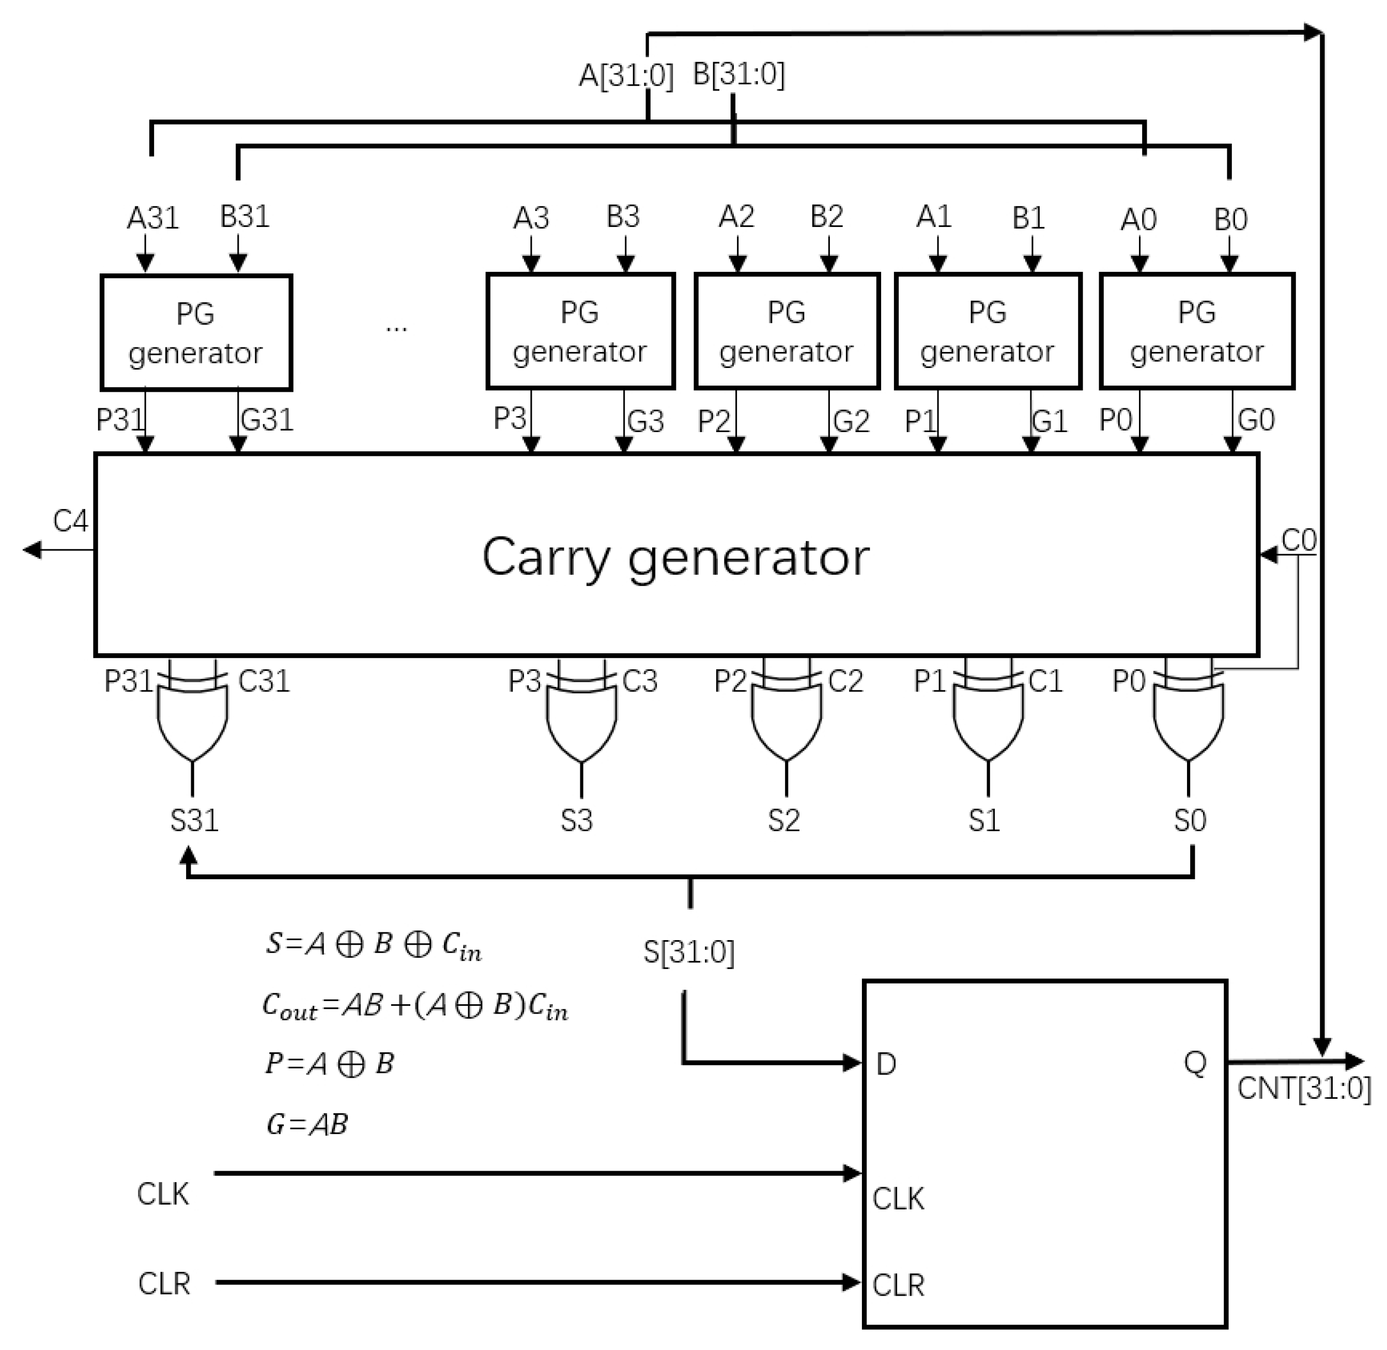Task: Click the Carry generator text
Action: (675, 557)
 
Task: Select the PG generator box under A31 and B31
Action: (196, 332)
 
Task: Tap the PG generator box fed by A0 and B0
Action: (1196, 331)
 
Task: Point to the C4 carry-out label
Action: (70, 522)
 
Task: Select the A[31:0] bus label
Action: (625, 75)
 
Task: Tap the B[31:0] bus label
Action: (738, 74)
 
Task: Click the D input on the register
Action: (886, 1064)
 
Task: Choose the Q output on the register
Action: (1195, 1062)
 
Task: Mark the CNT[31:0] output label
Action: (1303, 1088)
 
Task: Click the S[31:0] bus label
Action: (688, 952)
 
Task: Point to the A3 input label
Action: (530, 218)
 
